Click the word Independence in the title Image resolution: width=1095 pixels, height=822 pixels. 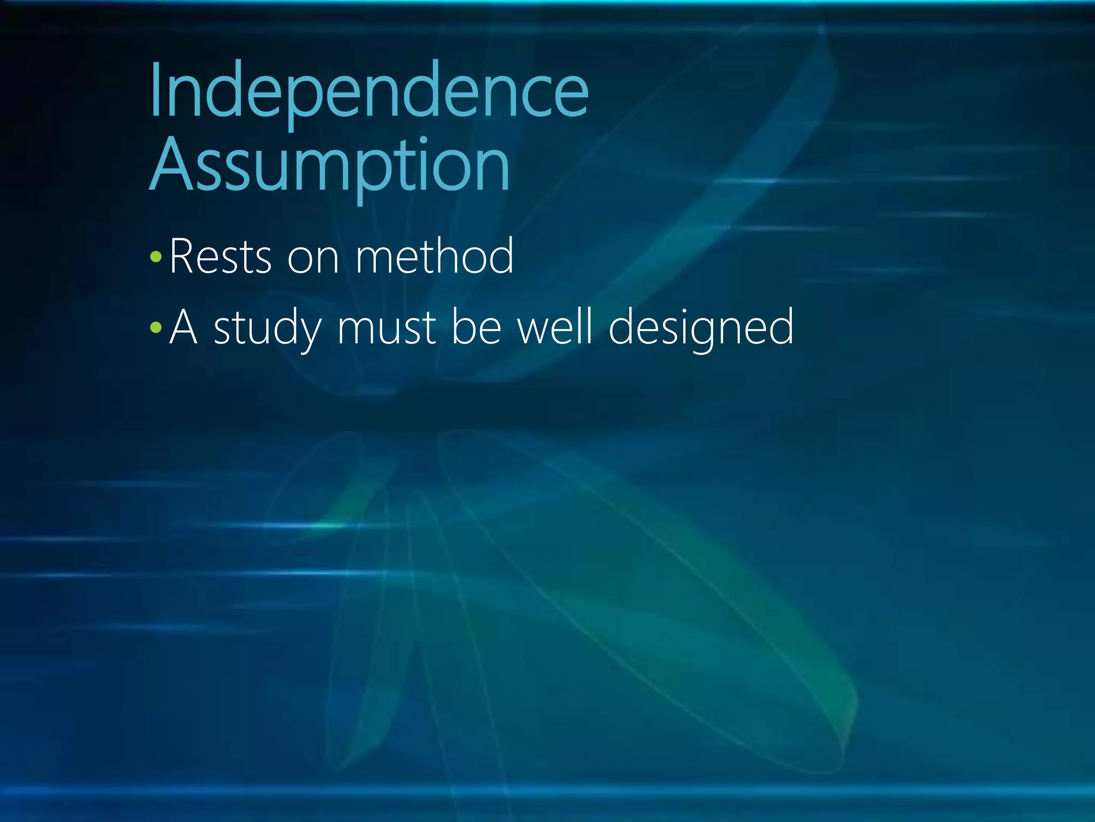click(x=369, y=91)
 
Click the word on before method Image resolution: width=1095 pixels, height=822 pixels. click(x=313, y=260)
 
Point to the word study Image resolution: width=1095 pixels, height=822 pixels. click(x=267, y=328)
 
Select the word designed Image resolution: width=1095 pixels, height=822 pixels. click(x=701, y=328)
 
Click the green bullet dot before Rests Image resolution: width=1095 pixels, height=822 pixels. click(x=156, y=257)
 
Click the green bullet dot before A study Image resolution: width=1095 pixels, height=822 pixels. click(x=156, y=327)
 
